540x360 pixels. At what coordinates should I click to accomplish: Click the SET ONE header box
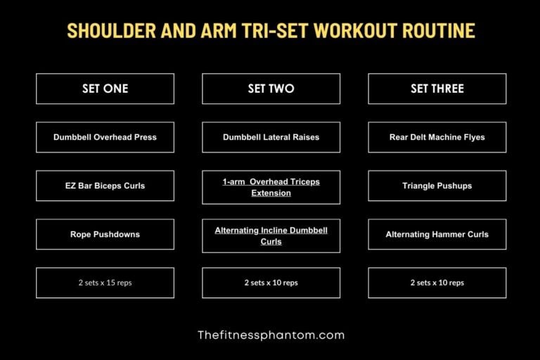click(105, 89)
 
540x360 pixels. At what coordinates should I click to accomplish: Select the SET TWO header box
click(271, 89)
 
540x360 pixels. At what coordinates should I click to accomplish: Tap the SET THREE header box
click(437, 89)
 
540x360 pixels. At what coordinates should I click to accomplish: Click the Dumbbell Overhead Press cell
click(105, 137)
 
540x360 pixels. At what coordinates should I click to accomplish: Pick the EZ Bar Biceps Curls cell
click(105, 186)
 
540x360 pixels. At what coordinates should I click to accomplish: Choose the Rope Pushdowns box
click(105, 234)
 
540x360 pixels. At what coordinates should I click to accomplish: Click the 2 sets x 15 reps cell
click(105, 283)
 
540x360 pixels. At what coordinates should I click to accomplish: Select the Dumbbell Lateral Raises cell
click(271, 137)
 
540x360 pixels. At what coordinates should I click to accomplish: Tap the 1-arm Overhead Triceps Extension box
click(271, 187)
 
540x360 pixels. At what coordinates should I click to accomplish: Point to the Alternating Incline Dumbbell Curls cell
click(271, 236)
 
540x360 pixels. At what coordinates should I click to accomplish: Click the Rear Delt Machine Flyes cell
click(437, 137)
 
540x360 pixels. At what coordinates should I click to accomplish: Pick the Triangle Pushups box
click(437, 186)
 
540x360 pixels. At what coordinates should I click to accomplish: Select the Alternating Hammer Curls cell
click(437, 234)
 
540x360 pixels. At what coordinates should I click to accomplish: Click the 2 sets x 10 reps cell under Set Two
click(271, 283)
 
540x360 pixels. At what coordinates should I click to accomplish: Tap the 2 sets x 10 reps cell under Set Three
click(437, 283)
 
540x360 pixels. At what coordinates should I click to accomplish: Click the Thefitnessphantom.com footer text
click(271, 335)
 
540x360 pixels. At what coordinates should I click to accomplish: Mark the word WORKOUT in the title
click(345, 31)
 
